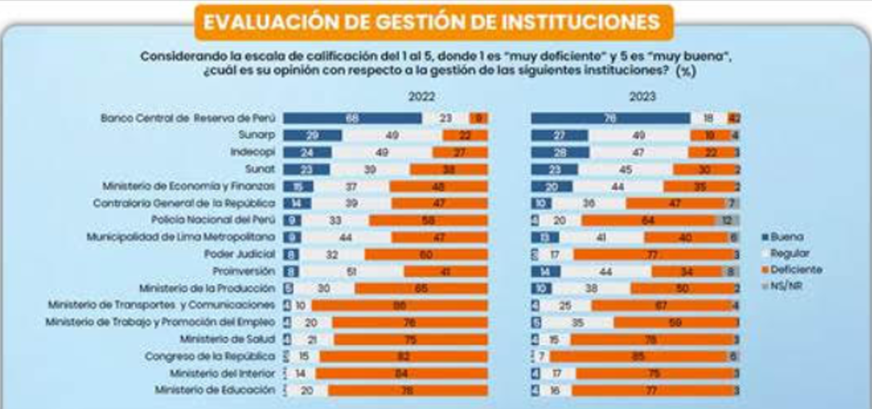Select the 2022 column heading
421,96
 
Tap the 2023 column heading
642,96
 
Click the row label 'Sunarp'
256,135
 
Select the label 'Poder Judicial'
239,254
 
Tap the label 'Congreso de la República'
210,356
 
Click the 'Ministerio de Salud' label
227,339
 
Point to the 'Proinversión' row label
243,271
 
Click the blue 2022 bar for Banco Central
352,118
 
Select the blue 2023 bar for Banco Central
610,118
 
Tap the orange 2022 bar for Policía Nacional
428,220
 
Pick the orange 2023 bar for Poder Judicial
653,254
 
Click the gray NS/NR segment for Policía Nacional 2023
727,220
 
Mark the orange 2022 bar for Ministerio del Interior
401,374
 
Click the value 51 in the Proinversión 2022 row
352,272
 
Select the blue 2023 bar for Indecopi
560,152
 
